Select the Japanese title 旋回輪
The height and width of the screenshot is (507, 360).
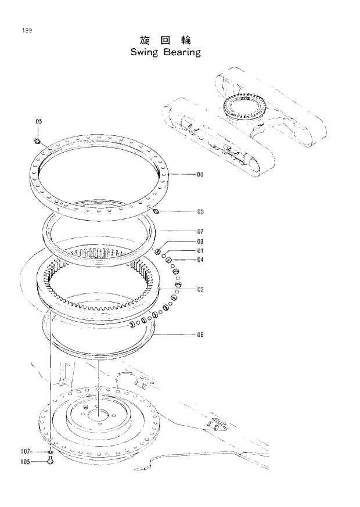(x=165, y=39)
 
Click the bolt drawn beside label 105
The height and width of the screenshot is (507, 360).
(x=51, y=462)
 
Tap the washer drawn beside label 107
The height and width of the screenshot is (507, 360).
(x=51, y=451)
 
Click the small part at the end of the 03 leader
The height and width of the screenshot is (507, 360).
(x=157, y=250)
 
